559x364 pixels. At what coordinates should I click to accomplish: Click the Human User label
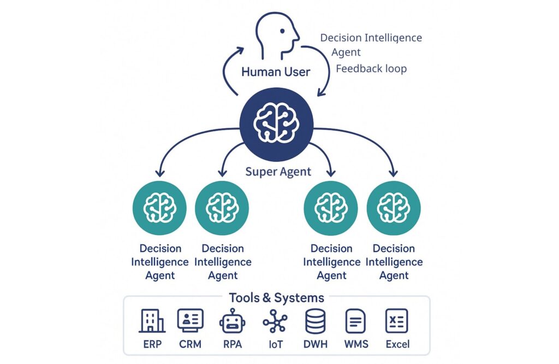coord(276,72)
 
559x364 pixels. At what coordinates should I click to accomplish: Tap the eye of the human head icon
coord(282,31)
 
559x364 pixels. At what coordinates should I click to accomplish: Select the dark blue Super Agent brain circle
coord(276,125)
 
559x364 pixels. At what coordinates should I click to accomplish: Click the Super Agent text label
coord(278,172)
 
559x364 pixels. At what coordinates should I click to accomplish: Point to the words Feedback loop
coord(371,68)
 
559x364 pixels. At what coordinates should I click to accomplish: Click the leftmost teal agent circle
coord(159,208)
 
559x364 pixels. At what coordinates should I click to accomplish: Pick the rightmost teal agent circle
coord(394,208)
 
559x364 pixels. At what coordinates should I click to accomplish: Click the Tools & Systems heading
coord(277,298)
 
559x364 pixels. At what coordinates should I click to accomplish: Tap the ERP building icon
coord(152,320)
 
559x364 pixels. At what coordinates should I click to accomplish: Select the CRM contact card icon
coord(191,320)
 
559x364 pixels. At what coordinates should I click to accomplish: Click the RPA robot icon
coord(233,320)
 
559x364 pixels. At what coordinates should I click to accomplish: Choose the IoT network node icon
coord(275,321)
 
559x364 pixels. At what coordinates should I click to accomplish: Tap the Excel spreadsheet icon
coord(397,321)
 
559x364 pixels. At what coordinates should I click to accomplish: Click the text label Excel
coord(397,344)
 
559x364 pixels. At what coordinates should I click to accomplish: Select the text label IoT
coord(276,344)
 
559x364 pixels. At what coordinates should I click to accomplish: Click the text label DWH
coord(316,344)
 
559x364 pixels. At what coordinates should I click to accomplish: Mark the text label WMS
coord(356,344)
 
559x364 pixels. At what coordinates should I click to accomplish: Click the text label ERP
coord(152,344)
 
